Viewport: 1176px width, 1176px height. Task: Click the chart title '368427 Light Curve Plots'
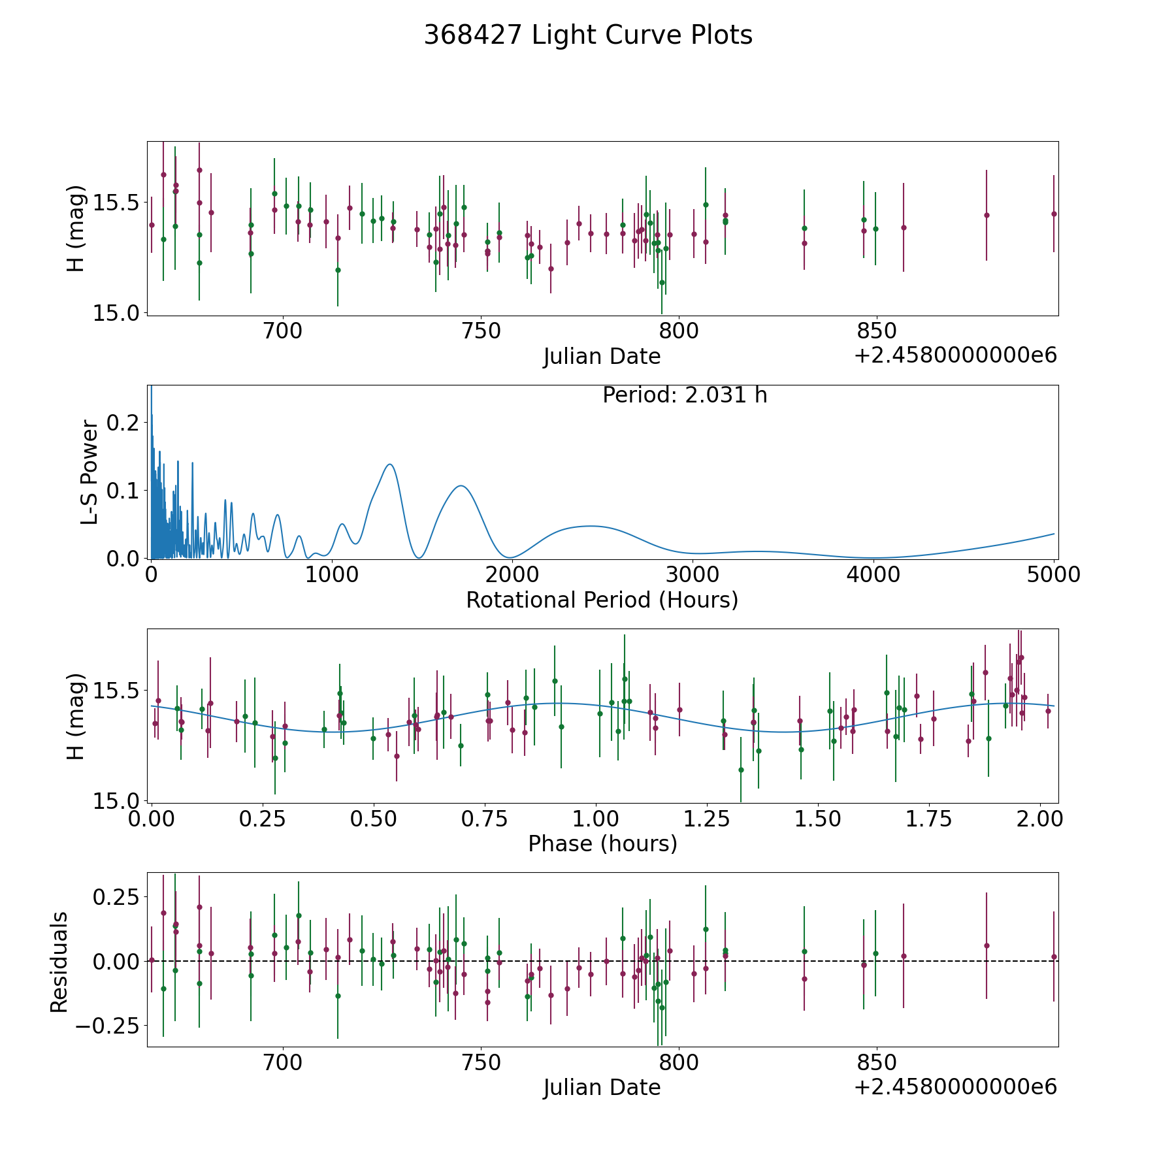click(588, 35)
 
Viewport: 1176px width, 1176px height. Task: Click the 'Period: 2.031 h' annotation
click(685, 395)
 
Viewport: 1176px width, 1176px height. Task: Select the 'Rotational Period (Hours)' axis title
click(602, 600)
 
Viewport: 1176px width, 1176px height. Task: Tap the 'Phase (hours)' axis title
click(602, 843)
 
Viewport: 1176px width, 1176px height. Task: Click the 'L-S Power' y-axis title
click(90, 472)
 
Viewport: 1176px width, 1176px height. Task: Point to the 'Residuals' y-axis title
click(59, 962)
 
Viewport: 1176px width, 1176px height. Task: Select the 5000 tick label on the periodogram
click(1053, 575)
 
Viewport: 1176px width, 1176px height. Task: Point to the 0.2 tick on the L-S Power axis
click(123, 423)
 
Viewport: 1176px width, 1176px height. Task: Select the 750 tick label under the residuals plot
click(480, 1062)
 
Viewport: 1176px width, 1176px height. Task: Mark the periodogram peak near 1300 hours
click(389, 464)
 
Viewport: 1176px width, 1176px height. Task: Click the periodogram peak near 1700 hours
click(461, 485)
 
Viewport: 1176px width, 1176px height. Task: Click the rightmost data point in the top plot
click(1054, 214)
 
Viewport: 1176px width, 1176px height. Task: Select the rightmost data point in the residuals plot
click(1054, 956)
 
